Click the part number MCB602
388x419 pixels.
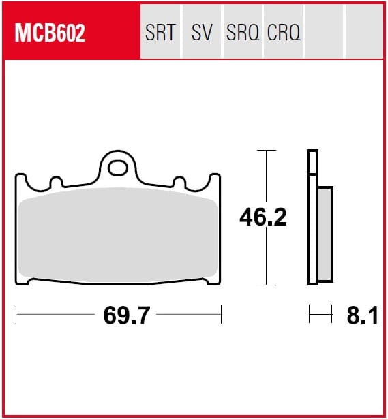tap(50, 33)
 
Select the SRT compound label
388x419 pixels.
tap(160, 32)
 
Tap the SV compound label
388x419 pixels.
tap(202, 32)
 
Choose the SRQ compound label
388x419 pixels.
tap(243, 32)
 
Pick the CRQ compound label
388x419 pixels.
tap(284, 32)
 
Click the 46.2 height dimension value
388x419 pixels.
tap(263, 217)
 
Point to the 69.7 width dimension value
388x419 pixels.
tap(126, 315)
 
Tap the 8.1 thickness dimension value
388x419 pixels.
tap(362, 315)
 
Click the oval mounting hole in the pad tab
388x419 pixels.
tap(117, 168)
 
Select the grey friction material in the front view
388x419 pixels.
tap(118, 235)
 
